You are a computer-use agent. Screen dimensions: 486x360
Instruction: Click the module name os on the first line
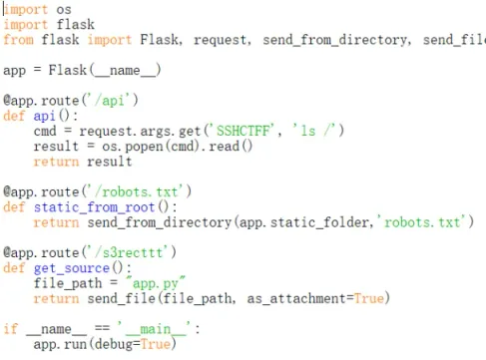(x=64, y=10)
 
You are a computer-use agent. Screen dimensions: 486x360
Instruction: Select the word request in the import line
(x=222, y=40)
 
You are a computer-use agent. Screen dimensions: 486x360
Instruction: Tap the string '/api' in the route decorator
(x=111, y=100)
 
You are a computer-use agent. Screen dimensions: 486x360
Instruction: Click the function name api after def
(x=44, y=116)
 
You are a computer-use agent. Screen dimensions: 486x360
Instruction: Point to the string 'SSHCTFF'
(x=243, y=131)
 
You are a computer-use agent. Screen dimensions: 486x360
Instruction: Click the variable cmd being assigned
(x=45, y=131)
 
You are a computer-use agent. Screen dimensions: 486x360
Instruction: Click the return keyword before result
(x=56, y=162)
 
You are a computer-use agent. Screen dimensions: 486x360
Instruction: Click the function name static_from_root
(x=94, y=207)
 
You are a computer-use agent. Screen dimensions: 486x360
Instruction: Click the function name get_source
(x=72, y=268)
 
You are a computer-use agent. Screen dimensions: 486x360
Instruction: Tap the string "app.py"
(x=156, y=283)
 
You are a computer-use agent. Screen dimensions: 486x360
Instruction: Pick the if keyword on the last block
(x=11, y=328)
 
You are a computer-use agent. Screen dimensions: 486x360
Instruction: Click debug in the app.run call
(x=114, y=344)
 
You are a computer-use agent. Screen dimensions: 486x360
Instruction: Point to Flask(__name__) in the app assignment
(x=105, y=70)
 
